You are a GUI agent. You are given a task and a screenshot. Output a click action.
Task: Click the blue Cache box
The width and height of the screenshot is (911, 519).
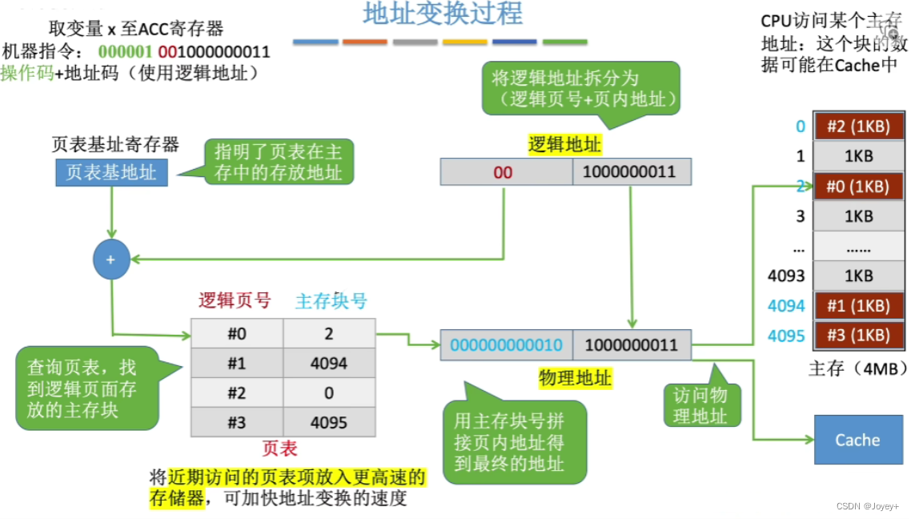coord(857,440)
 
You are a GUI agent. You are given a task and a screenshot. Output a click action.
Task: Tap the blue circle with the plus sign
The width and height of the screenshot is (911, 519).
coord(111,259)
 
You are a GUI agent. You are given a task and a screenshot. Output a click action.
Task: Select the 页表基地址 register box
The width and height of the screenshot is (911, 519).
coord(111,172)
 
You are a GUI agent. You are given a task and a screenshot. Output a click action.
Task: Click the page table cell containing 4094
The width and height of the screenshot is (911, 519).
coord(328,364)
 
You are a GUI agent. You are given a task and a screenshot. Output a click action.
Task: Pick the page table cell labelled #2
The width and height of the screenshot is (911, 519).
coord(236,393)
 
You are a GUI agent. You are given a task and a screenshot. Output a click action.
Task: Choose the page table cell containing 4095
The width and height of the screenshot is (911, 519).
coord(328,422)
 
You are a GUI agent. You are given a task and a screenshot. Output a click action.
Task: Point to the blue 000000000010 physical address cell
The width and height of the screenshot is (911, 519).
coord(506,345)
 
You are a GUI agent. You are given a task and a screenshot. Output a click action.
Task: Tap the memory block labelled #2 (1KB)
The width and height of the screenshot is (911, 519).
coord(857,126)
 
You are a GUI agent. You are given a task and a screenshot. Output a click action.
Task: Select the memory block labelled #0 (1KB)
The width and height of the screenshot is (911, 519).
coord(857,187)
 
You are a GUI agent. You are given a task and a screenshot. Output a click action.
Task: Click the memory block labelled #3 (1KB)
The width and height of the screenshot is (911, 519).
coord(857,336)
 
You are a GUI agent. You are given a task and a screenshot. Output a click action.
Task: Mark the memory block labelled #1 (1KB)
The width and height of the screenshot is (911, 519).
coord(857,306)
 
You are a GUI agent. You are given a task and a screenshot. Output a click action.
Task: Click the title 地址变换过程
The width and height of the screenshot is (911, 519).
coord(443,14)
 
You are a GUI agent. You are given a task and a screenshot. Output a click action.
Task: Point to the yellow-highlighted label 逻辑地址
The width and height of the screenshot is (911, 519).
coord(564,145)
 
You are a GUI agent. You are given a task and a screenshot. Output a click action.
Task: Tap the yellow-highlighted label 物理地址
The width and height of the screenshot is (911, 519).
coord(575,377)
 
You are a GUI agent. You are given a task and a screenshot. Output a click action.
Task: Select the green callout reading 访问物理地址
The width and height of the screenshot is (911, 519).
coord(702,405)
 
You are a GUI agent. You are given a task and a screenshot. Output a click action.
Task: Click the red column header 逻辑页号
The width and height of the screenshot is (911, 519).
coord(235,301)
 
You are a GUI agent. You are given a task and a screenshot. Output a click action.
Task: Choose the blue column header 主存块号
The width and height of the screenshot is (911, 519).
coord(331,301)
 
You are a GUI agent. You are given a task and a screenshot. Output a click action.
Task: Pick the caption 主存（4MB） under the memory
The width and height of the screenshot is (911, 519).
coord(857,369)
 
